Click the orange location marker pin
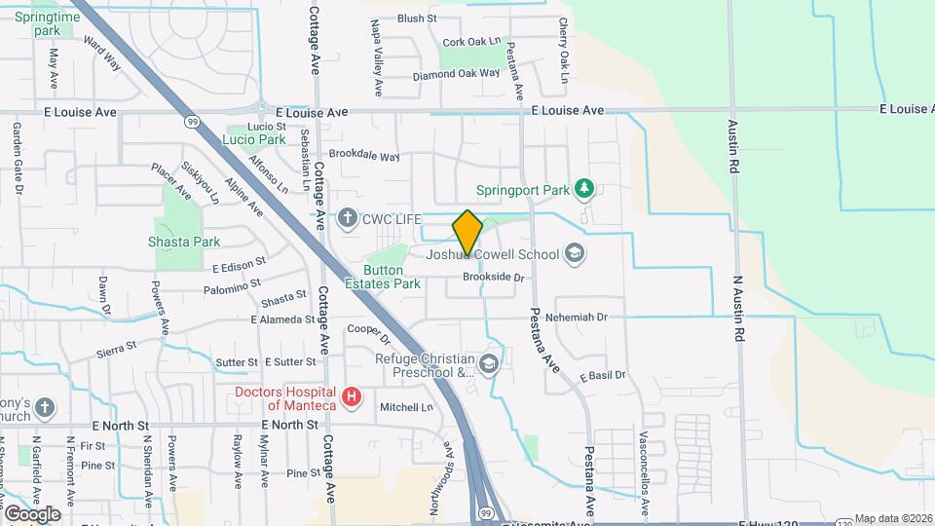coord(467,233)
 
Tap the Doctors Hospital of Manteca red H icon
coord(354,397)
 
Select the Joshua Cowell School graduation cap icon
coord(575,254)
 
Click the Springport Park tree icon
coord(583,188)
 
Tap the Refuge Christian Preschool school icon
coord(488,365)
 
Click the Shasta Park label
coord(184,242)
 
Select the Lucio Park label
coord(254,139)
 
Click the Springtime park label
coord(47,23)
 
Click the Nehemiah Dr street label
coord(576,318)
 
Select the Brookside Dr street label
coord(494,278)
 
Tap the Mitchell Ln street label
coord(406,407)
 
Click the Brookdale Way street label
coord(364,156)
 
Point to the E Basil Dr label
coord(602,375)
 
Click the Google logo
coord(32,514)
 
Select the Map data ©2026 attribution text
coord(893,518)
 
